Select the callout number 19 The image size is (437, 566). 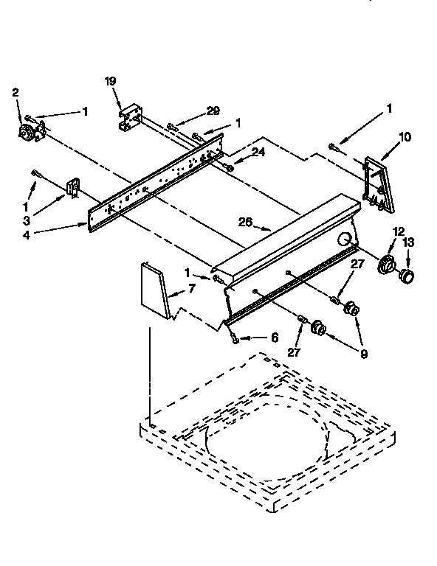pyautogui.click(x=110, y=81)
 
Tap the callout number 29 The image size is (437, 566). pyautogui.click(x=213, y=111)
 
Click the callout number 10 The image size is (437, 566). pyautogui.click(x=405, y=136)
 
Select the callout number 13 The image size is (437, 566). pyautogui.click(x=408, y=242)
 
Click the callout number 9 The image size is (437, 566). pyautogui.click(x=364, y=353)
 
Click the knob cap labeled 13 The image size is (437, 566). pyautogui.click(x=405, y=276)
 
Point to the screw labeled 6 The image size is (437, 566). pyautogui.click(x=234, y=338)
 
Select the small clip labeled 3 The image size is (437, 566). pyautogui.click(x=73, y=186)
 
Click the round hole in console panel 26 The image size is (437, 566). pyautogui.click(x=345, y=239)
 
